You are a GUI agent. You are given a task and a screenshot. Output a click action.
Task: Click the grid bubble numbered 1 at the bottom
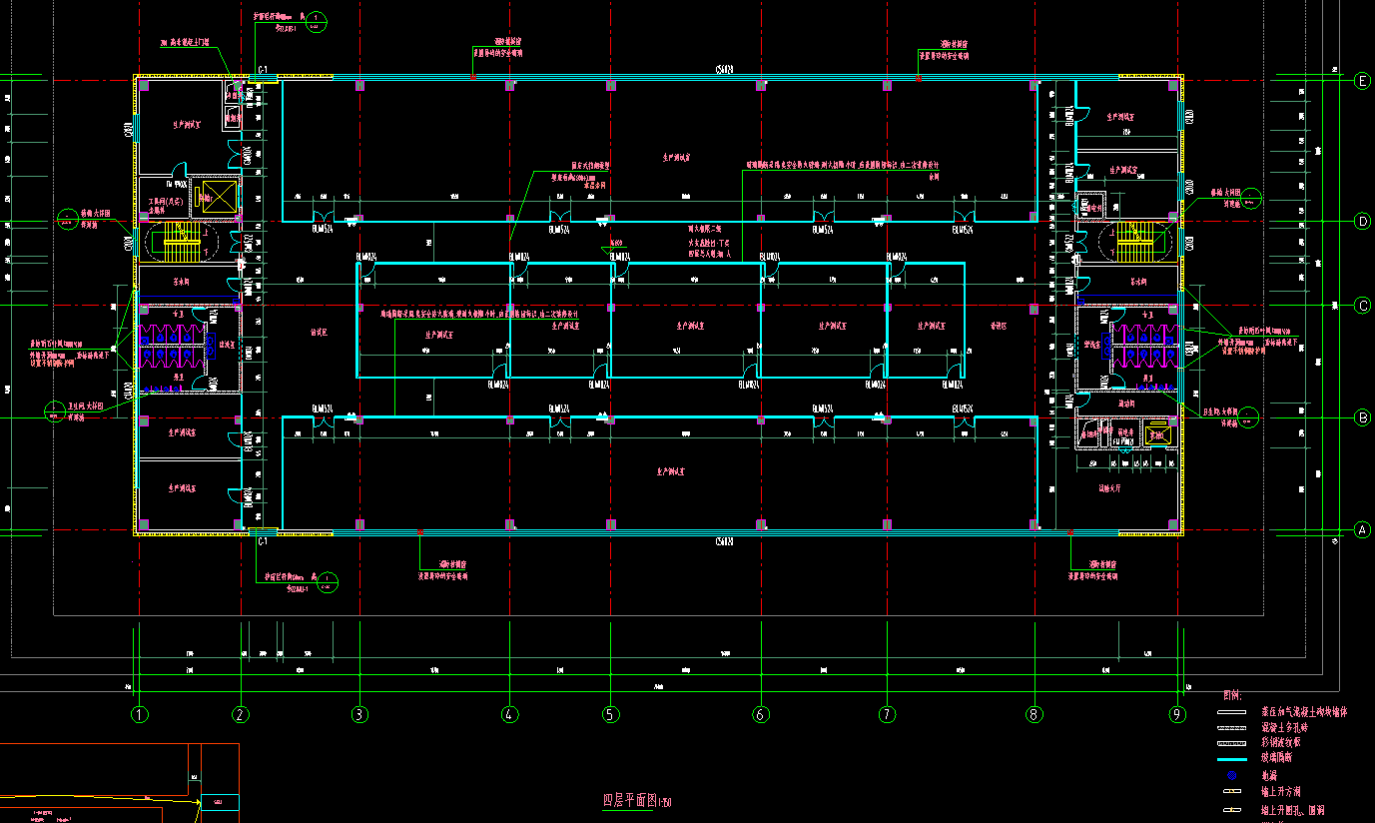[x=140, y=714]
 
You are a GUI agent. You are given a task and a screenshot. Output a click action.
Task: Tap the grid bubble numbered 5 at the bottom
[x=611, y=714]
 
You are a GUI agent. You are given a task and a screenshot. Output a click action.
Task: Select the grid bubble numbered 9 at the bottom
[x=1178, y=714]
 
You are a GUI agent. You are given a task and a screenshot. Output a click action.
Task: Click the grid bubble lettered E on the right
[x=1362, y=82]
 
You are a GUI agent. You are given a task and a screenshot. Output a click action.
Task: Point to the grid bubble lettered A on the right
[x=1362, y=530]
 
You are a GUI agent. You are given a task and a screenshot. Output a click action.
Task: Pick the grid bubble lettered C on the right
[x=1362, y=306]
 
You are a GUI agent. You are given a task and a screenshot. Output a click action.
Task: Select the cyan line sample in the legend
[x=1232, y=758]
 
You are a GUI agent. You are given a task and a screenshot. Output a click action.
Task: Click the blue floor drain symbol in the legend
[x=1232, y=775]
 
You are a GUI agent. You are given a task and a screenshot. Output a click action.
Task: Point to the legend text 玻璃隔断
[x=1283, y=758]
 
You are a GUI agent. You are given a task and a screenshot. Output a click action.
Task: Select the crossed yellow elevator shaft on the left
[x=215, y=197]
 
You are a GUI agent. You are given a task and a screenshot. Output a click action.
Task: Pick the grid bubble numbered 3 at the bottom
[x=360, y=714]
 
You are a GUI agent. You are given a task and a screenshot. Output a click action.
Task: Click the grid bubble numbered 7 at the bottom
[x=886, y=714]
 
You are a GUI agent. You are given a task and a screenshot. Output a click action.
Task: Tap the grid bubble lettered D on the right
[x=1362, y=221]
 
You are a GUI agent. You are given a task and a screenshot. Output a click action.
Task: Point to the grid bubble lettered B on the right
[x=1362, y=418]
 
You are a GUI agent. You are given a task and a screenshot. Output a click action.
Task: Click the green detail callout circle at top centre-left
[x=315, y=19]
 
